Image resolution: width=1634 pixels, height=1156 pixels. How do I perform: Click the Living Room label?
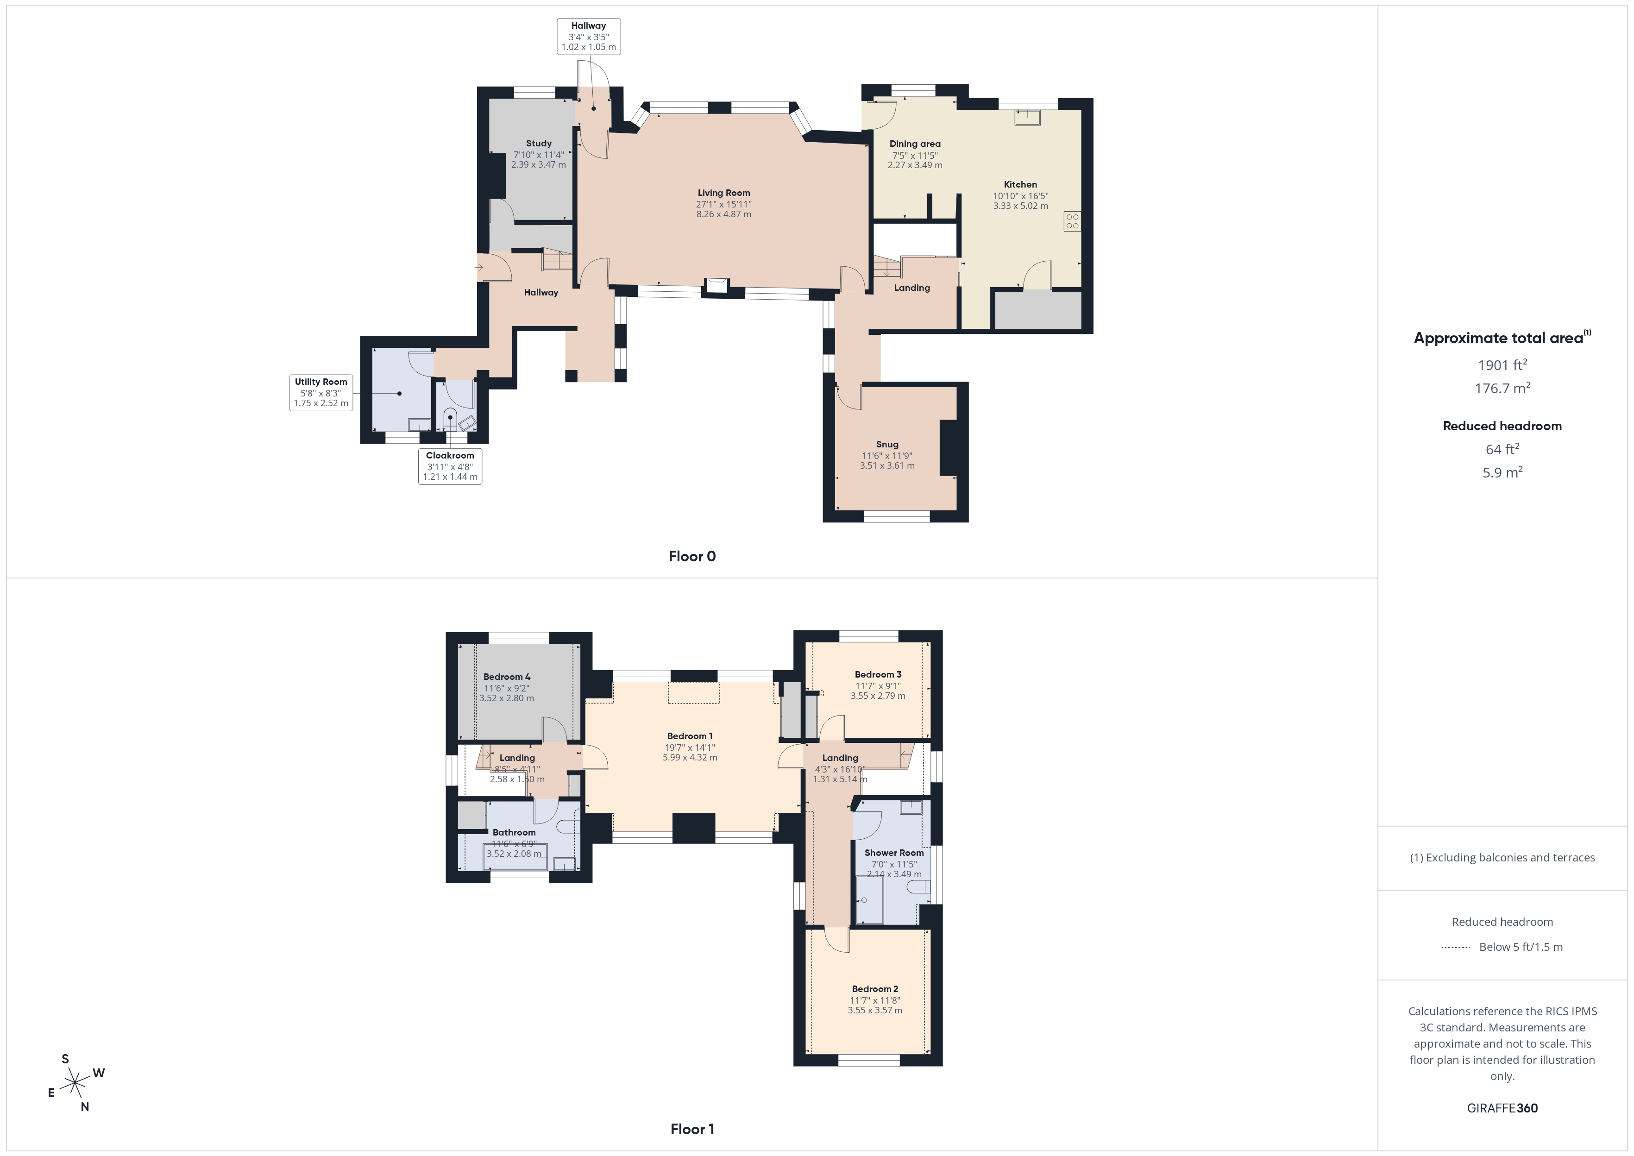(x=724, y=193)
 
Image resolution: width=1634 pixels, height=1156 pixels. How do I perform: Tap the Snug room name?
(x=887, y=444)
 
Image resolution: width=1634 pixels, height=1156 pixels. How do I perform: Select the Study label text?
(x=539, y=143)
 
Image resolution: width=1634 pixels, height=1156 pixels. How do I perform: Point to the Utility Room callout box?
(x=321, y=393)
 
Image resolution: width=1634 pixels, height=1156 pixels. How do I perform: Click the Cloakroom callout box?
(x=450, y=466)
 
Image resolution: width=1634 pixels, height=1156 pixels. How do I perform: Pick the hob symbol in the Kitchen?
(x=1073, y=221)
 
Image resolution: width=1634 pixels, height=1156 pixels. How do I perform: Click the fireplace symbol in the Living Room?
(x=716, y=285)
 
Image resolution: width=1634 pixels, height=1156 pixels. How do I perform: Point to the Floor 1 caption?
(x=692, y=1129)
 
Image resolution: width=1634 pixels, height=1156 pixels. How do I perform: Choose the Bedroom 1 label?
(x=690, y=736)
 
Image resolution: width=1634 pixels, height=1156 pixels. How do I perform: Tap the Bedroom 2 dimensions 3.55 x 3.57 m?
(x=874, y=1010)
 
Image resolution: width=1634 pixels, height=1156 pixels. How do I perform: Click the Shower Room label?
(x=894, y=853)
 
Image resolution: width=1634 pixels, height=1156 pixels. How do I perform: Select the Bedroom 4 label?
(x=507, y=677)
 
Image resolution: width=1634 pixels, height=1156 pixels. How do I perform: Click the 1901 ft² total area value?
(x=1502, y=364)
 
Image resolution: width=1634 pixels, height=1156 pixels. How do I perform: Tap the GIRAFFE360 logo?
(x=1502, y=1108)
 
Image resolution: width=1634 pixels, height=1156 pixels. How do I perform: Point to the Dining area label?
(x=915, y=144)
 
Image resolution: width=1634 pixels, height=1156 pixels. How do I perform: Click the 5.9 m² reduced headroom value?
(x=1502, y=472)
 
